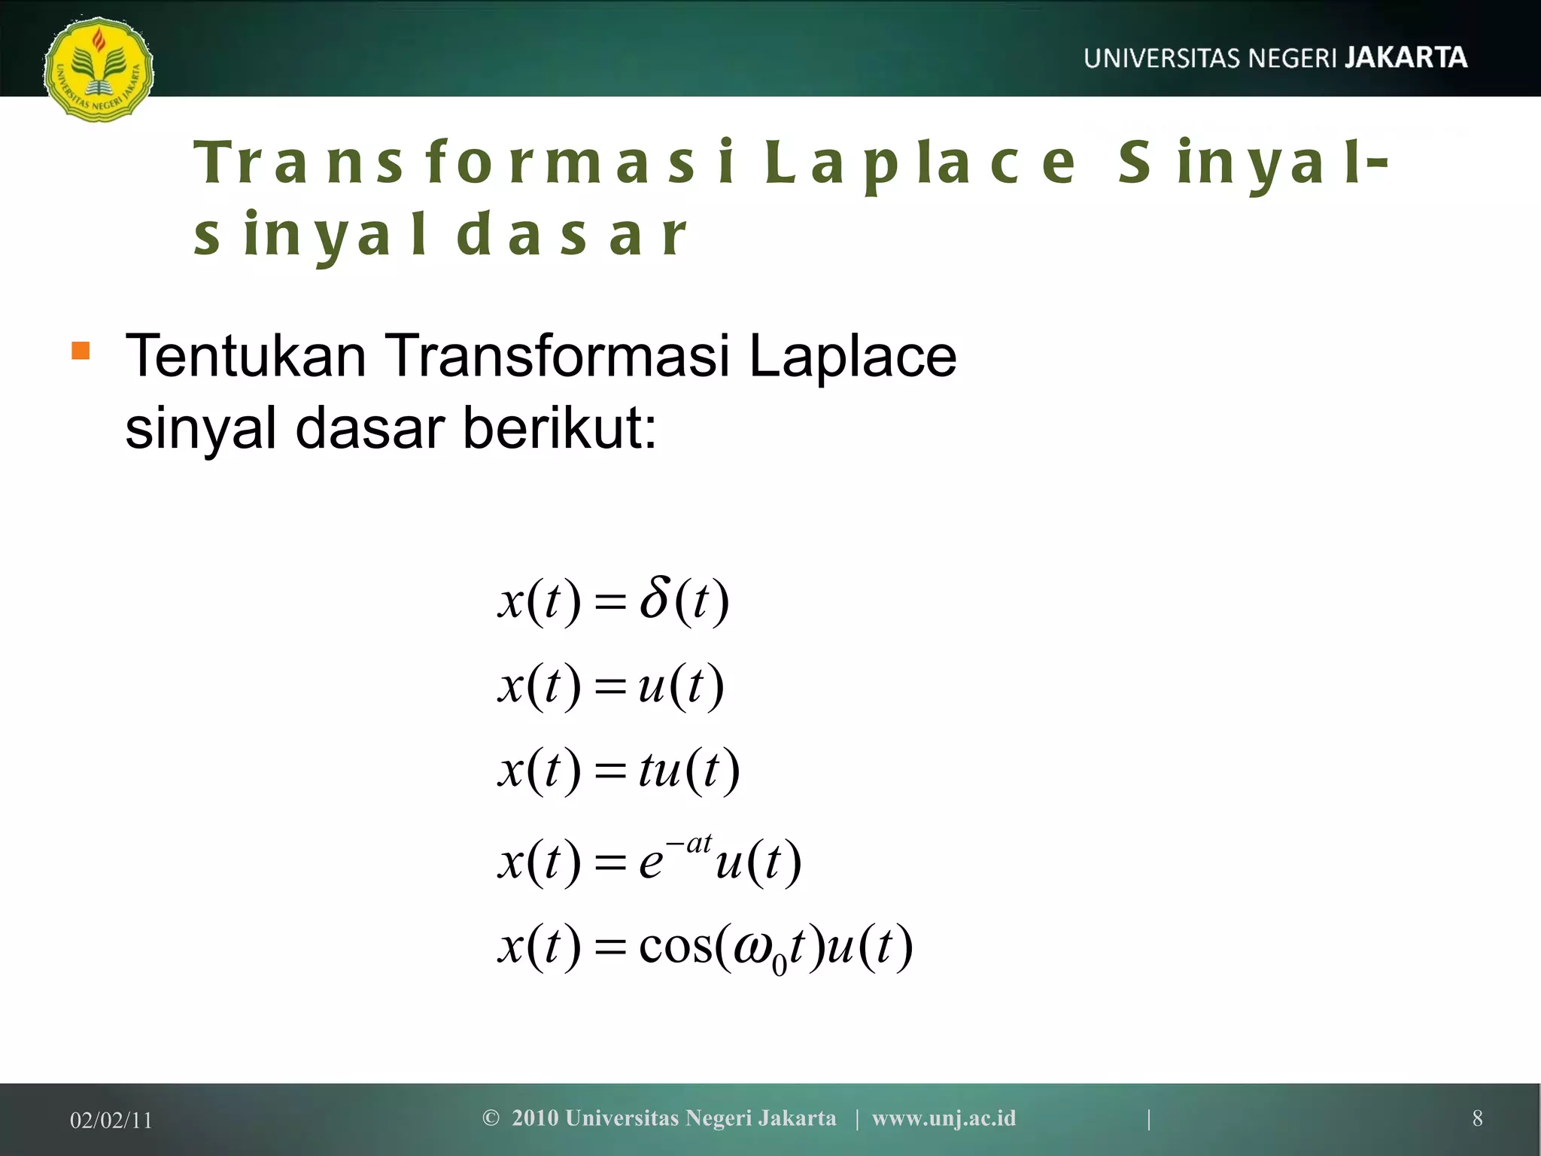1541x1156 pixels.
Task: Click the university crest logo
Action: [x=99, y=68]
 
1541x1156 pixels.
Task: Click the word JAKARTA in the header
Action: [x=1406, y=58]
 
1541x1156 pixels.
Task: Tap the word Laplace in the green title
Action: [x=920, y=163]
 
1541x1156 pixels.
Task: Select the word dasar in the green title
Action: [x=572, y=235]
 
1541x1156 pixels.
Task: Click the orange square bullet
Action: [x=81, y=351]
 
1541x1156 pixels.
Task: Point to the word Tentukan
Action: [x=245, y=355]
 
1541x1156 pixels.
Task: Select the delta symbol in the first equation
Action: [x=654, y=598]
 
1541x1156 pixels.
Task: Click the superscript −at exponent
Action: [x=689, y=844]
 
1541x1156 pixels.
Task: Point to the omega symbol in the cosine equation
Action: [x=752, y=948]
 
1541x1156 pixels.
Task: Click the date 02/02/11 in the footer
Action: [x=111, y=1121]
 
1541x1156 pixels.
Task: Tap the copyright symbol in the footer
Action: [x=491, y=1118]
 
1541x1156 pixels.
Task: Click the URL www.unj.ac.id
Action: [x=944, y=1118]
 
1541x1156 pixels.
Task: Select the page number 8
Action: [x=1477, y=1118]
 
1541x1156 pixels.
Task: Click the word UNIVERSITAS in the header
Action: [x=1161, y=59]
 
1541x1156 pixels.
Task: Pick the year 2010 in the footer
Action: [x=535, y=1118]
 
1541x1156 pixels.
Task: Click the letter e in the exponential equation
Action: [x=651, y=862]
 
